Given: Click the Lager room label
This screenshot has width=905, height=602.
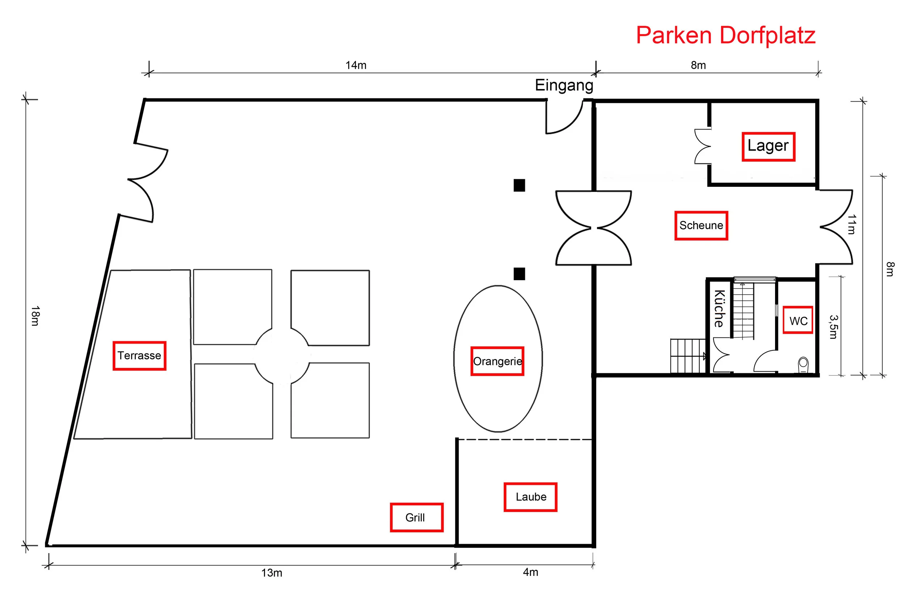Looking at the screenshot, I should point(767,146).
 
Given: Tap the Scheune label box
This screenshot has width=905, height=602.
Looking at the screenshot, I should point(701,226).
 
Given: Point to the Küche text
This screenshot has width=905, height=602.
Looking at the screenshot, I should point(719,308).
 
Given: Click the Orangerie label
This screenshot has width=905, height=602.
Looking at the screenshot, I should point(497,361).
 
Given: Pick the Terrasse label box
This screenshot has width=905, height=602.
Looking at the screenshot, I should point(139,355).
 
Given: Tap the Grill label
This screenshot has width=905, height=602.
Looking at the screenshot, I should point(416,517).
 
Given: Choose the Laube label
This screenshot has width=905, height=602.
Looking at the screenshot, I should point(530,497).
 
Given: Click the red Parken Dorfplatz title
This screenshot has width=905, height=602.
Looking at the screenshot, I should point(725,35).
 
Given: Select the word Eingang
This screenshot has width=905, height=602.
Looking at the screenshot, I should point(564,85).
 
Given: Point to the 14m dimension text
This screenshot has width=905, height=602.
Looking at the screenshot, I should point(355,65).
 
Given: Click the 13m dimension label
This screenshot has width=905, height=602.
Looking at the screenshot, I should point(271,573).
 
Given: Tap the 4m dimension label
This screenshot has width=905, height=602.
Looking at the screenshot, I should point(530,572).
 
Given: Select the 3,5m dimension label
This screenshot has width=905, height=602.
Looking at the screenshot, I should point(833,327).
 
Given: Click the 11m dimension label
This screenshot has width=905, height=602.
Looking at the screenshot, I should point(851,224).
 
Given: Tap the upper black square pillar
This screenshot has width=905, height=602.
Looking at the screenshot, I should point(519,185).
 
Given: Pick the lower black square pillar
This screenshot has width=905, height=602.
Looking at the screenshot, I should point(519,274).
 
